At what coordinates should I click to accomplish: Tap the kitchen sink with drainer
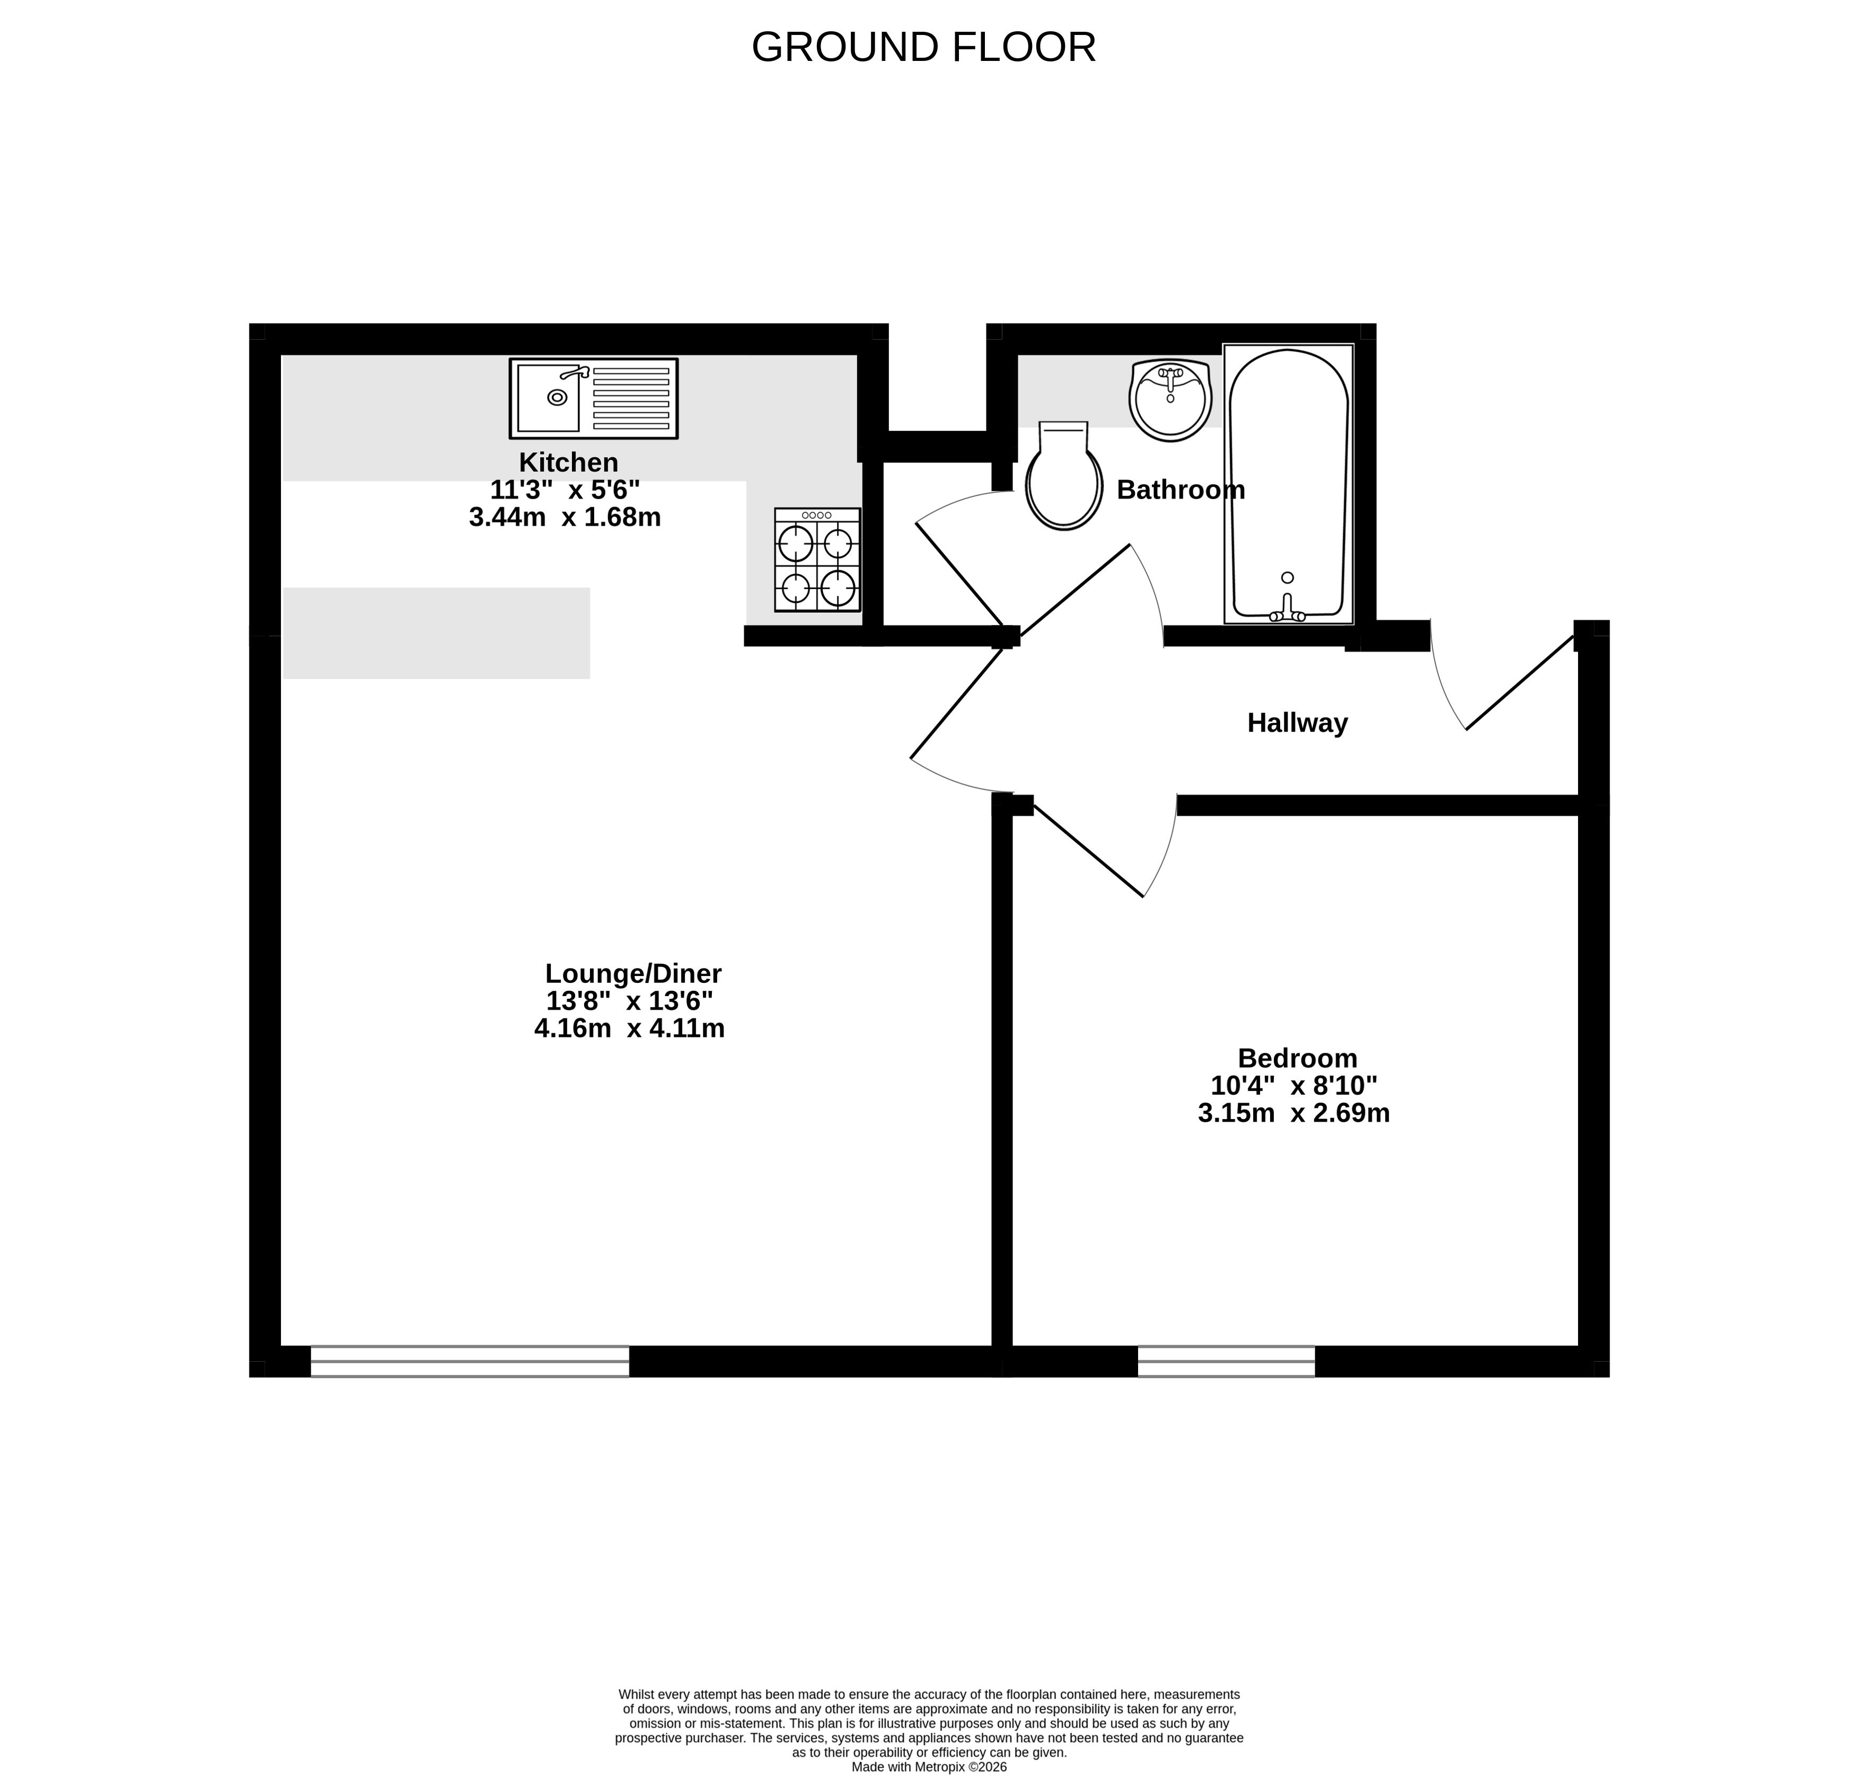(594, 398)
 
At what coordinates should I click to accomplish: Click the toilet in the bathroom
(1064, 475)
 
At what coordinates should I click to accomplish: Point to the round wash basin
(1171, 400)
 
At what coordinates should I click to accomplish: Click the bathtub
(1288, 483)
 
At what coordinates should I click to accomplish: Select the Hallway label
(1297, 723)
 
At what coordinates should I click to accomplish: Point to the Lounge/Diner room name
(633, 974)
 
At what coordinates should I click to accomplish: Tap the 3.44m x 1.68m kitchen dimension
(565, 518)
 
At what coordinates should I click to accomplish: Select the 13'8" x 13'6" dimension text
(629, 1001)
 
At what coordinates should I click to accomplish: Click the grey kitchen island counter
(436, 633)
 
